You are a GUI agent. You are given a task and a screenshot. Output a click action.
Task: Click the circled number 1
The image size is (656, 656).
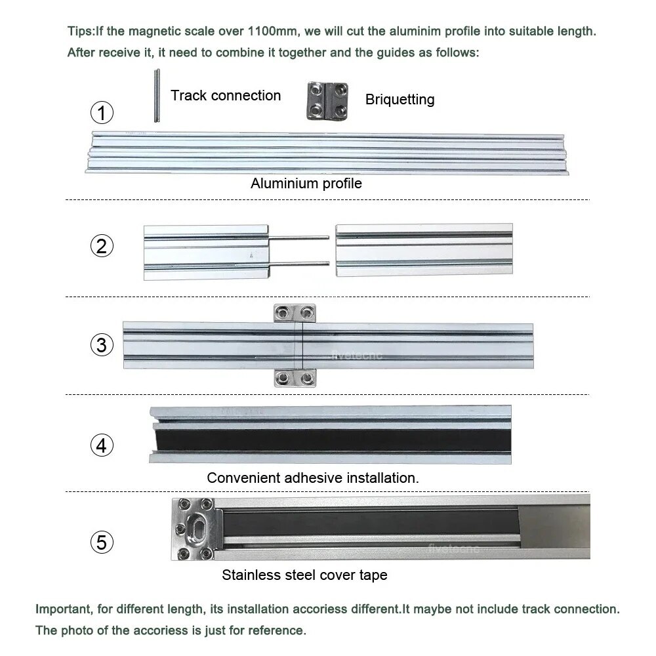(x=101, y=113)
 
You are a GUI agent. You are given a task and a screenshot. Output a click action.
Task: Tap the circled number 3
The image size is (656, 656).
(x=101, y=344)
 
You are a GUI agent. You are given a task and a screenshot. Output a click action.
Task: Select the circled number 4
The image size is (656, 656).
(x=101, y=445)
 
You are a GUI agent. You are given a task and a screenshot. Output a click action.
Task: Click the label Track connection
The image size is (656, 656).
(x=226, y=96)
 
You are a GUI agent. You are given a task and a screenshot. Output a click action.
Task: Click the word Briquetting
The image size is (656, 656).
(x=400, y=100)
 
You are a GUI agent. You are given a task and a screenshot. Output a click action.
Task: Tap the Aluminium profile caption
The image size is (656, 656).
(x=306, y=184)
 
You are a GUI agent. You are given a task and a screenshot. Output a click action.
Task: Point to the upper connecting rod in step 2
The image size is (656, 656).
(x=299, y=238)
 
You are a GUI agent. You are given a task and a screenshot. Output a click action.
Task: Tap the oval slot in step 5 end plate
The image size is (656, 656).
(x=194, y=529)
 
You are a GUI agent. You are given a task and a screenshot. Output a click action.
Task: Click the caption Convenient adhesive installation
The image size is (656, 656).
(x=312, y=478)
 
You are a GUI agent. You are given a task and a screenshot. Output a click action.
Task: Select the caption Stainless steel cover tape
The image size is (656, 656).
(x=304, y=575)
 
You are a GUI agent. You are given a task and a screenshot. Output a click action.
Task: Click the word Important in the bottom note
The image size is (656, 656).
(x=63, y=609)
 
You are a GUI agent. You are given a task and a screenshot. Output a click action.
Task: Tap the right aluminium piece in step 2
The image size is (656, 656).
(x=424, y=249)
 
